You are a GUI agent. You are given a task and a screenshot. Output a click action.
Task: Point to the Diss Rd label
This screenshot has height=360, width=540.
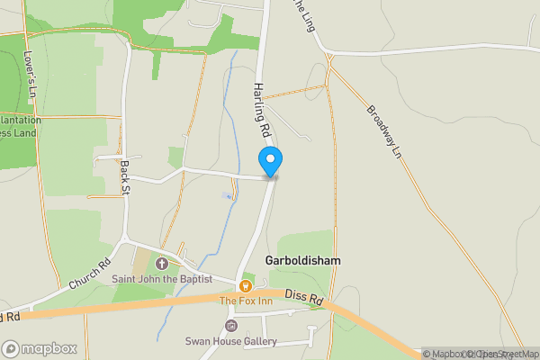303,296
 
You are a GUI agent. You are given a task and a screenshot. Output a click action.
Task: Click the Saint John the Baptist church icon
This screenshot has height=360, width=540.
162,264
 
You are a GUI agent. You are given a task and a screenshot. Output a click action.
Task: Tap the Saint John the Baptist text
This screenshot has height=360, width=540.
162,278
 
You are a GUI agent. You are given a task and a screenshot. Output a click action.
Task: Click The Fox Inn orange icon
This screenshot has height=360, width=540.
243,285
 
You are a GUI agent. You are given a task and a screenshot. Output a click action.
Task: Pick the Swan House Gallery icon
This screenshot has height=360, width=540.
231,326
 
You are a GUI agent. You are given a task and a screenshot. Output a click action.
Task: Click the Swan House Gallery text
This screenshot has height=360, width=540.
231,341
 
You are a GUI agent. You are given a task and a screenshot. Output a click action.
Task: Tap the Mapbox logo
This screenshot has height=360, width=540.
39,348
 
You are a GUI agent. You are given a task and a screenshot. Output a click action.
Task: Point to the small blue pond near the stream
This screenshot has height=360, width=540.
226,195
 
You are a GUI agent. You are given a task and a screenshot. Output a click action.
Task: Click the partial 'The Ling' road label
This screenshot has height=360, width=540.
301,13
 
